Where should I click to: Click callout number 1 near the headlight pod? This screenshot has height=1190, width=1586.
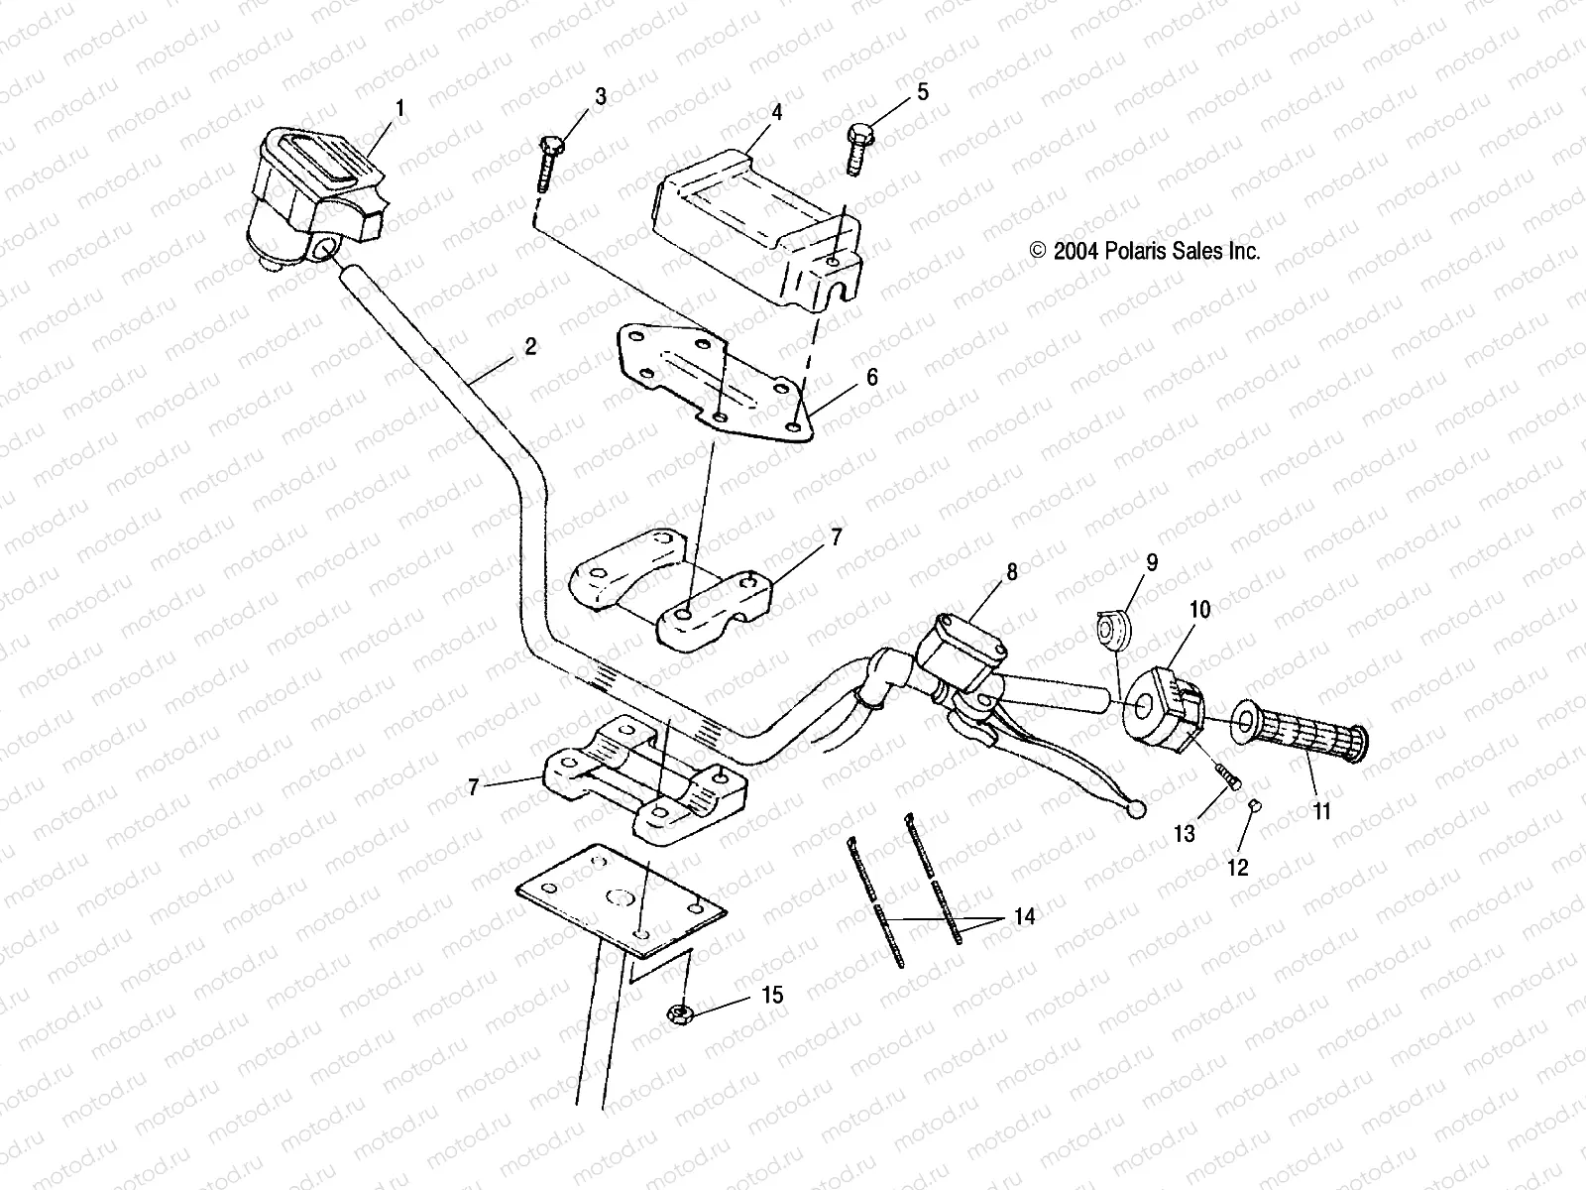(x=400, y=108)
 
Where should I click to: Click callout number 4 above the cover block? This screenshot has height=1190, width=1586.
(x=776, y=112)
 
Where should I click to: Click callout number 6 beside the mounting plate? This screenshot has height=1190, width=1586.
(x=871, y=377)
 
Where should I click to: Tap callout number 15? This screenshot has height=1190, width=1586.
(x=772, y=994)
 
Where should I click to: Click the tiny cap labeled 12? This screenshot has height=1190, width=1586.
(x=1254, y=805)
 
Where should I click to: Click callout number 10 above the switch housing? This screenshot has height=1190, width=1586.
(x=1199, y=609)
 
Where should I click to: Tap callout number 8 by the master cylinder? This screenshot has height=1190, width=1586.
(x=1011, y=572)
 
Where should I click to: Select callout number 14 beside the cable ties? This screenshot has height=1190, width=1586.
(x=1024, y=917)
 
